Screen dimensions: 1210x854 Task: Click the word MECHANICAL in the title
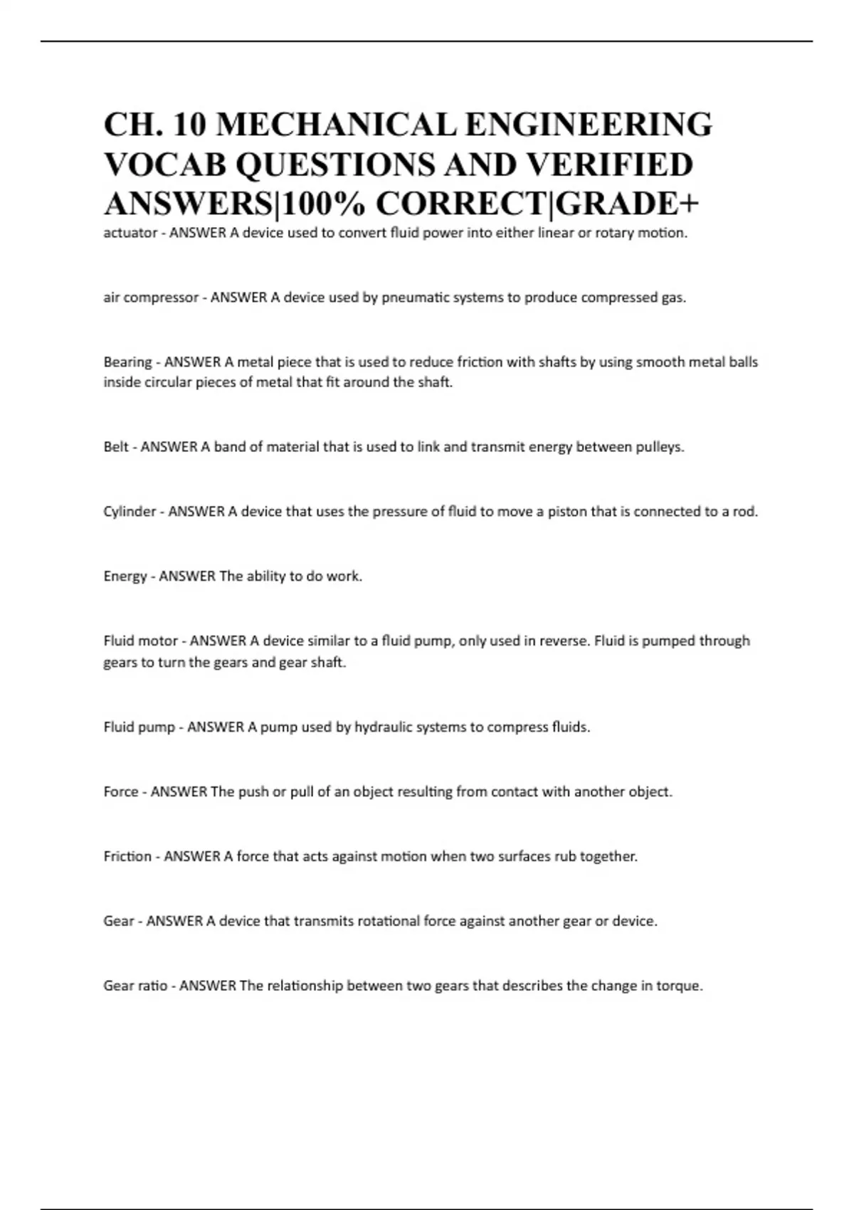(x=336, y=125)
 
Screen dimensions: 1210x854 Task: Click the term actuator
(x=130, y=233)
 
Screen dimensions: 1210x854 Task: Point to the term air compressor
(x=151, y=298)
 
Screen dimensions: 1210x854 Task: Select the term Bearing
(x=127, y=362)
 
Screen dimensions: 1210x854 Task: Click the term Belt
(x=116, y=447)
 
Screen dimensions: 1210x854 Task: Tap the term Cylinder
(x=130, y=512)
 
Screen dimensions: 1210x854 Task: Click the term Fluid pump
(x=139, y=727)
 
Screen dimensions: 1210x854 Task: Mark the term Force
(x=121, y=792)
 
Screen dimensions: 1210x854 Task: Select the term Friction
(x=127, y=856)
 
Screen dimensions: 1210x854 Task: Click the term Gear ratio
(x=135, y=986)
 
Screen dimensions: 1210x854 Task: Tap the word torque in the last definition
(x=680, y=987)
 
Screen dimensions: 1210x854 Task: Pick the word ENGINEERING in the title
(x=588, y=125)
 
